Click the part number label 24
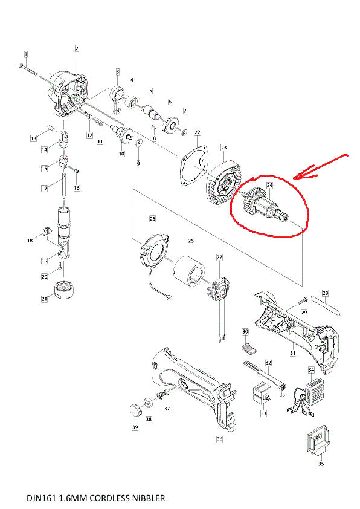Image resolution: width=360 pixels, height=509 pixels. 270,185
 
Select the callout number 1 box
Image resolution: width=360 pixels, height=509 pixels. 25,54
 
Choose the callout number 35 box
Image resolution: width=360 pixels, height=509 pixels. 321,464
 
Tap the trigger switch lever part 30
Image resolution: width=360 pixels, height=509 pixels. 249,347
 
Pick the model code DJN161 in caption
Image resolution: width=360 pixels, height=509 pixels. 42,499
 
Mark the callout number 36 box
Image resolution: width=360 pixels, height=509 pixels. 219,439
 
